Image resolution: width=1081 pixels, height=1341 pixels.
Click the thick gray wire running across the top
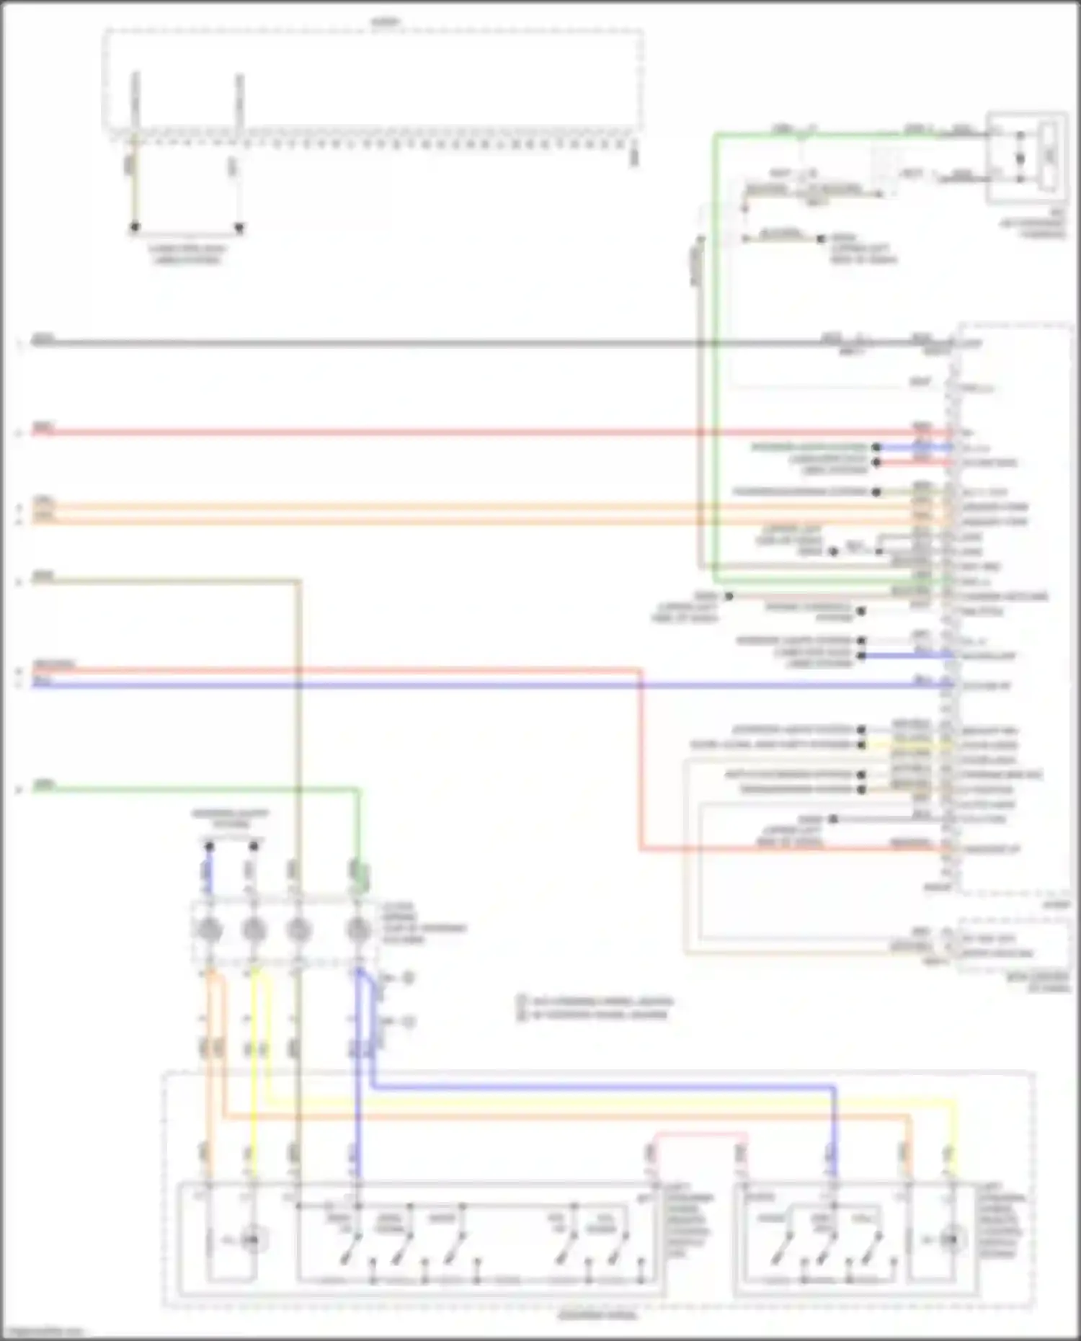[432, 344]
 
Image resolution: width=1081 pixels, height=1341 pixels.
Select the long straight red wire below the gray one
[432, 432]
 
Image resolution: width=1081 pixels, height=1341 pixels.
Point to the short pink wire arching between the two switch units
[699, 1134]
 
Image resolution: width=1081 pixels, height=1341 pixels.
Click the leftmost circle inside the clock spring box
[210, 930]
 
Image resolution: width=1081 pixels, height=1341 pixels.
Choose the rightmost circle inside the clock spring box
[358, 930]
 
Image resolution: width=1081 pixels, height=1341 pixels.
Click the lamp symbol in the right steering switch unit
[951, 1240]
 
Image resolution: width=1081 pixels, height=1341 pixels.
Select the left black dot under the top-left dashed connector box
[135, 228]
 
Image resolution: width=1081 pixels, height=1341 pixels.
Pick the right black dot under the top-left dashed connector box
[239, 228]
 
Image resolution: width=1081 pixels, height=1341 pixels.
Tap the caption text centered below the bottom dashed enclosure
[597, 1316]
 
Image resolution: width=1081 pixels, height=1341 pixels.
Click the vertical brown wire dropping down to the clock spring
[298, 721]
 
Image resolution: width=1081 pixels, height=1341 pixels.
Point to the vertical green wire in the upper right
[715, 360]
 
